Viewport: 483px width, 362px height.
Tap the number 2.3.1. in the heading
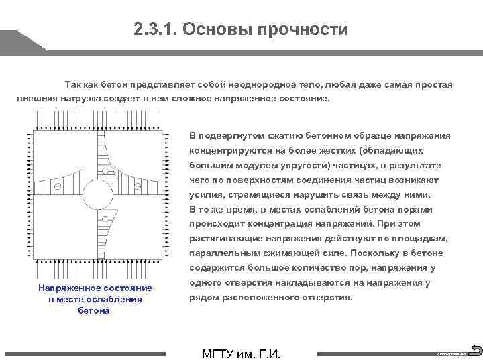tap(155, 29)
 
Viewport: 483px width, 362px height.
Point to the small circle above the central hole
tap(105, 171)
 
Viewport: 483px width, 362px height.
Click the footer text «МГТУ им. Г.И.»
tap(241, 353)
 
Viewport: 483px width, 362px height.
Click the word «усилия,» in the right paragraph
tap(205, 194)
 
